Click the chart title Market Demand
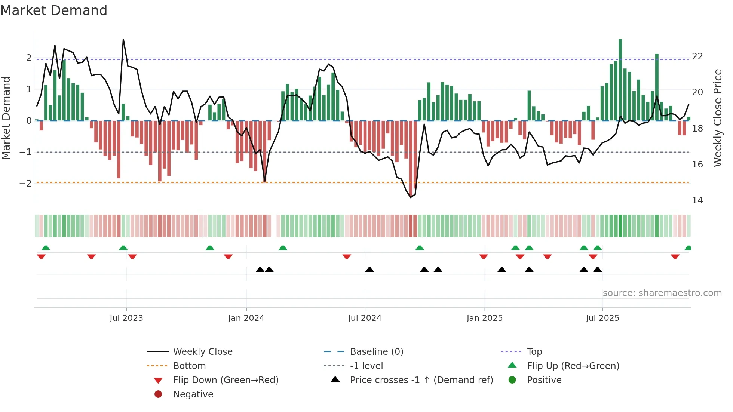tap(54, 10)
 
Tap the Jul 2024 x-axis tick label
tap(365, 318)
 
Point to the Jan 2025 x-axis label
tap(484, 318)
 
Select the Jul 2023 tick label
tap(126, 318)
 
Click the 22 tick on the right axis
tap(697, 56)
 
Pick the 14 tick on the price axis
tap(697, 200)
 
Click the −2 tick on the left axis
tap(25, 183)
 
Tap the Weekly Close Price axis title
tap(717, 118)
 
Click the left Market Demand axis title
tap(6, 118)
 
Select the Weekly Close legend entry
tap(202, 352)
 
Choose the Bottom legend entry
tap(189, 366)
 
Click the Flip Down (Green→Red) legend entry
tap(226, 380)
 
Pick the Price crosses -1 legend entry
tap(421, 380)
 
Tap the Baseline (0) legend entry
tap(376, 352)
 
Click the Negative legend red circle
tap(158, 394)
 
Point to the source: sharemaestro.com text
tap(662, 293)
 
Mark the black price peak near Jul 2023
tap(123, 39)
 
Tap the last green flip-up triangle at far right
tap(688, 248)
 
